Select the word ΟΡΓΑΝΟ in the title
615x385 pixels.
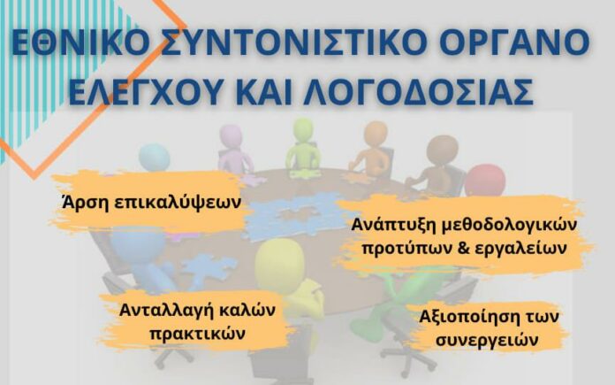click(x=514, y=42)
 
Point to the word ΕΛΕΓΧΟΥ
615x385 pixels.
click(x=145, y=91)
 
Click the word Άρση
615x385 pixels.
click(x=85, y=202)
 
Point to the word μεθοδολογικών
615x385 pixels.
click(x=510, y=226)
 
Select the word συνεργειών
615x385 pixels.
click(x=487, y=340)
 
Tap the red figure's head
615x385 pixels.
click(x=485, y=181)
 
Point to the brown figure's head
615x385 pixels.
click(x=443, y=150)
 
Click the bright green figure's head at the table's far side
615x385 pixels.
click(x=304, y=130)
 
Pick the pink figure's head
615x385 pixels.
click(x=231, y=136)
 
